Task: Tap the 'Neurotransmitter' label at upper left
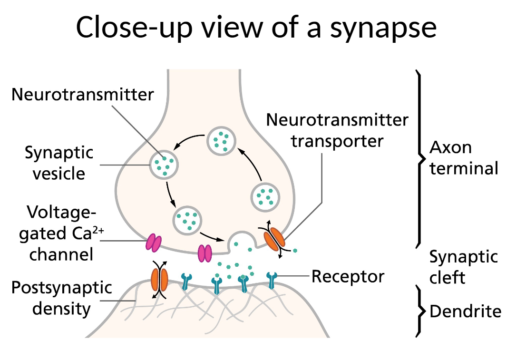coord(83,94)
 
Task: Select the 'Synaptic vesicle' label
coord(59,163)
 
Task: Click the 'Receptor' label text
coord(348,276)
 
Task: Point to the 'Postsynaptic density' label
coord(61,299)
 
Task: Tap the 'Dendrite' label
coord(465,311)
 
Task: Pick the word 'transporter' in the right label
coord(337,141)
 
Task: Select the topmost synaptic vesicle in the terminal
coord(221,140)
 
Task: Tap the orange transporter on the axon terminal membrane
coord(274,239)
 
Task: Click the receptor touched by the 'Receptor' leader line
coord(272,281)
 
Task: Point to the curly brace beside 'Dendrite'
coord(420,311)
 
